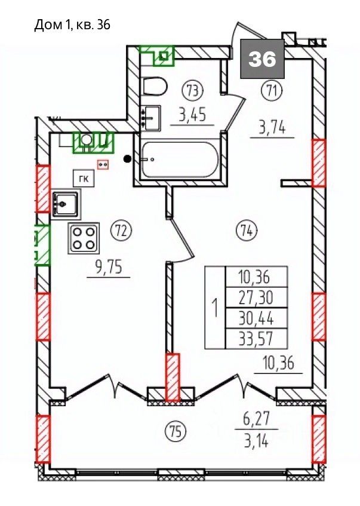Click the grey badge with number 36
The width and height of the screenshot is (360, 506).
[x=262, y=59]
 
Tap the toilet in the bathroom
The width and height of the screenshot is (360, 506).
[x=155, y=86]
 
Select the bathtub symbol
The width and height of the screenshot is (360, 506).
[x=180, y=160]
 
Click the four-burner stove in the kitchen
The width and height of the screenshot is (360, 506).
[x=83, y=237]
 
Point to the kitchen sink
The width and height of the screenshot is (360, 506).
[x=66, y=204]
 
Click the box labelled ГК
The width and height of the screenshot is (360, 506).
[x=84, y=178]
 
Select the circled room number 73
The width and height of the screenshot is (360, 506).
[x=193, y=91]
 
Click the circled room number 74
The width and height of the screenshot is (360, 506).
[x=247, y=231]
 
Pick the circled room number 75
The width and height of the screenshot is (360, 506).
[x=175, y=431]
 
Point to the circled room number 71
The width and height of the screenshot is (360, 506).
[x=272, y=91]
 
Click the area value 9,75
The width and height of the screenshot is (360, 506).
[x=109, y=268]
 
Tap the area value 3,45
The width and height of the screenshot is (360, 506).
[x=192, y=115]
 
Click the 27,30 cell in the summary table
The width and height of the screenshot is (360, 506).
[x=256, y=298]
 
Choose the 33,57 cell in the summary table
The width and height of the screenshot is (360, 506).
[x=256, y=339]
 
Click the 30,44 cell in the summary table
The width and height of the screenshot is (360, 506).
[x=256, y=318]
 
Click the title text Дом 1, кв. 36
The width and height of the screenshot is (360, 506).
[x=72, y=24]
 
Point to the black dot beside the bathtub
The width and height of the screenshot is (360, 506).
[x=128, y=158]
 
